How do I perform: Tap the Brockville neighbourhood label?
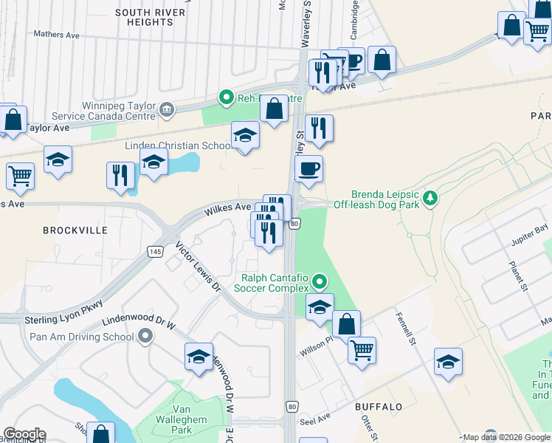75,230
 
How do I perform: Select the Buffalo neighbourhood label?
379,407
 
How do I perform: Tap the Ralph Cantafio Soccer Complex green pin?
320,281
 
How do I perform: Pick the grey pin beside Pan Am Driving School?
145,337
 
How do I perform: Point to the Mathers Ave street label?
57,34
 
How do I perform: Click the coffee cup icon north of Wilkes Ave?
308,168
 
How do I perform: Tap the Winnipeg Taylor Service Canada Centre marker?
166,111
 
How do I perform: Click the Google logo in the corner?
24,434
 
